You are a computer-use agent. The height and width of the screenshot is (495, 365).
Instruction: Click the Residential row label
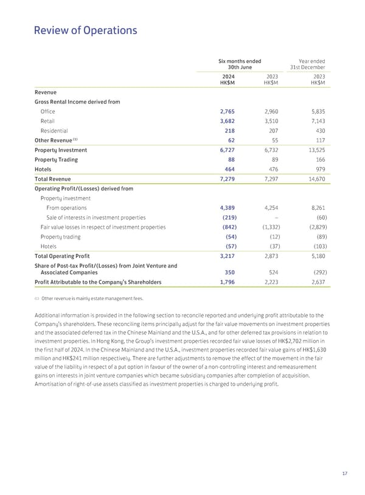54,131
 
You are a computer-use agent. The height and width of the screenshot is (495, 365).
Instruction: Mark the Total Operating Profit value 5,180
315,256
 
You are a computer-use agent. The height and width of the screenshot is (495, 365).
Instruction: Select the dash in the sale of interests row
277,217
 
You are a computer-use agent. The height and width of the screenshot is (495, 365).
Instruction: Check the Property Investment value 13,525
314,150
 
